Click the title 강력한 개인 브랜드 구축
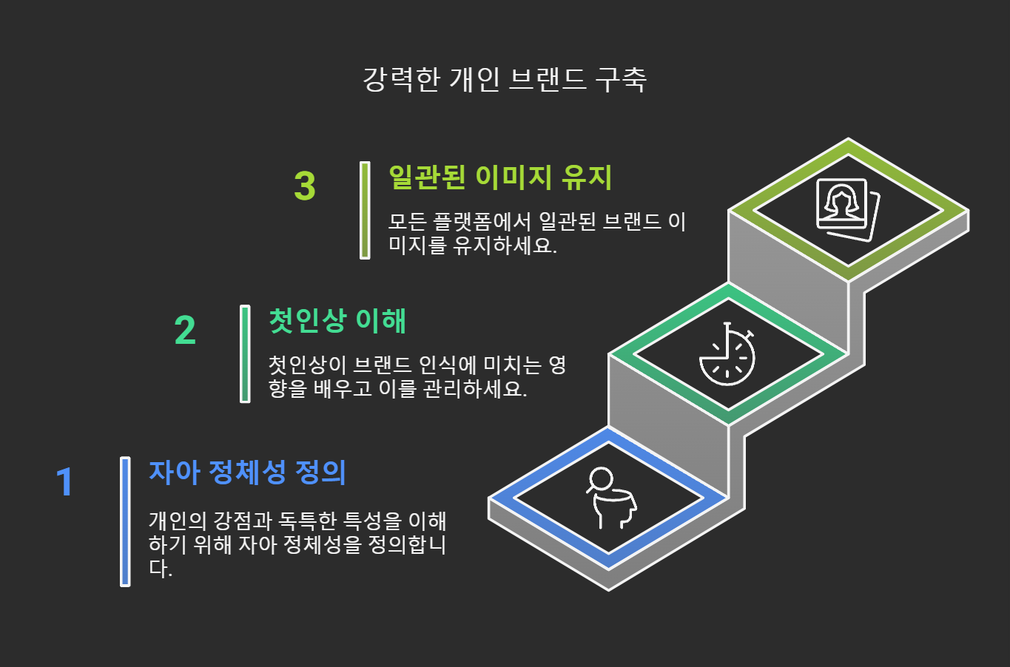(505, 80)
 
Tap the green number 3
(304, 186)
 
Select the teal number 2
(185, 331)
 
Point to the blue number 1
(65, 482)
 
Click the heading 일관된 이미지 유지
(500, 177)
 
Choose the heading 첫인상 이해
(337, 321)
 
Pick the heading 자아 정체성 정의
(247, 472)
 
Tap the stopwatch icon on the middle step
(727, 354)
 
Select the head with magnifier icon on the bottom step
(609, 498)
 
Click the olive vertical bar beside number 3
(365, 210)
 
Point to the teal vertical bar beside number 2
(245, 354)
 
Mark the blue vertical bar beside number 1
(125, 521)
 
